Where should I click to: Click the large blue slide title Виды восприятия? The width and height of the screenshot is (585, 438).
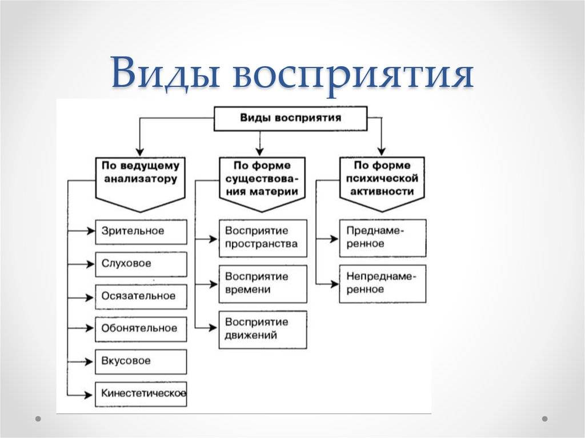click(x=292, y=74)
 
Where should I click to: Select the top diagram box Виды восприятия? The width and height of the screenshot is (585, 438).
click(x=290, y=119)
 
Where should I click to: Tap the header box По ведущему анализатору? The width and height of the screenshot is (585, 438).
click(x=141, y=184)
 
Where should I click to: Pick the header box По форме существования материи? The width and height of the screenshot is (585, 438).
click(x=262, y=184)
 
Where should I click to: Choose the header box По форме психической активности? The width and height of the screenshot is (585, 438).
click(x=382, y=184)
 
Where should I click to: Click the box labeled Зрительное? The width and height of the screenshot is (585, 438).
click(x=141, y=232)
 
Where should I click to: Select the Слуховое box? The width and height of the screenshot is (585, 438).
click(x=141, y=264)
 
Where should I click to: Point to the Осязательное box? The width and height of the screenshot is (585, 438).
click(x=141, y=297)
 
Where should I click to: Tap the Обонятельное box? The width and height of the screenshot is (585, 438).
click(x=141, y=329)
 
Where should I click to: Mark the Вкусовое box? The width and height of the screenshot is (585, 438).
click(x=141, y=362)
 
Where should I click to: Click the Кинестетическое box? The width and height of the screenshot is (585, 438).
click(x=141, y=395)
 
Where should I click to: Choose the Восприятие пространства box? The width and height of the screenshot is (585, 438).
click(x=263, y=238)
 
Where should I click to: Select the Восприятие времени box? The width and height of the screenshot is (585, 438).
click(x=263, y=284)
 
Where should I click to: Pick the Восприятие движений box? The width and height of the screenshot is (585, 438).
click(x=263, y=330)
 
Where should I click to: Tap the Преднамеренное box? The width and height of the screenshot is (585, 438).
click(x=383, y=238)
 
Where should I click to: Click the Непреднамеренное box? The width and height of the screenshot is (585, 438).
click(x=383, y=284)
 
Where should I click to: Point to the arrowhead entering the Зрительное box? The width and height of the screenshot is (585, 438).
click(x=91, y=231)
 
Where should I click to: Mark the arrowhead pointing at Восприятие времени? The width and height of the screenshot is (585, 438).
click(x=214, y=284)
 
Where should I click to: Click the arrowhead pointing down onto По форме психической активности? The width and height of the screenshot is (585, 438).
click(x=381, y=151)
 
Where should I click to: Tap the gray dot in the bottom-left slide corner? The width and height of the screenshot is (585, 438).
click(x=38, y=419)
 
